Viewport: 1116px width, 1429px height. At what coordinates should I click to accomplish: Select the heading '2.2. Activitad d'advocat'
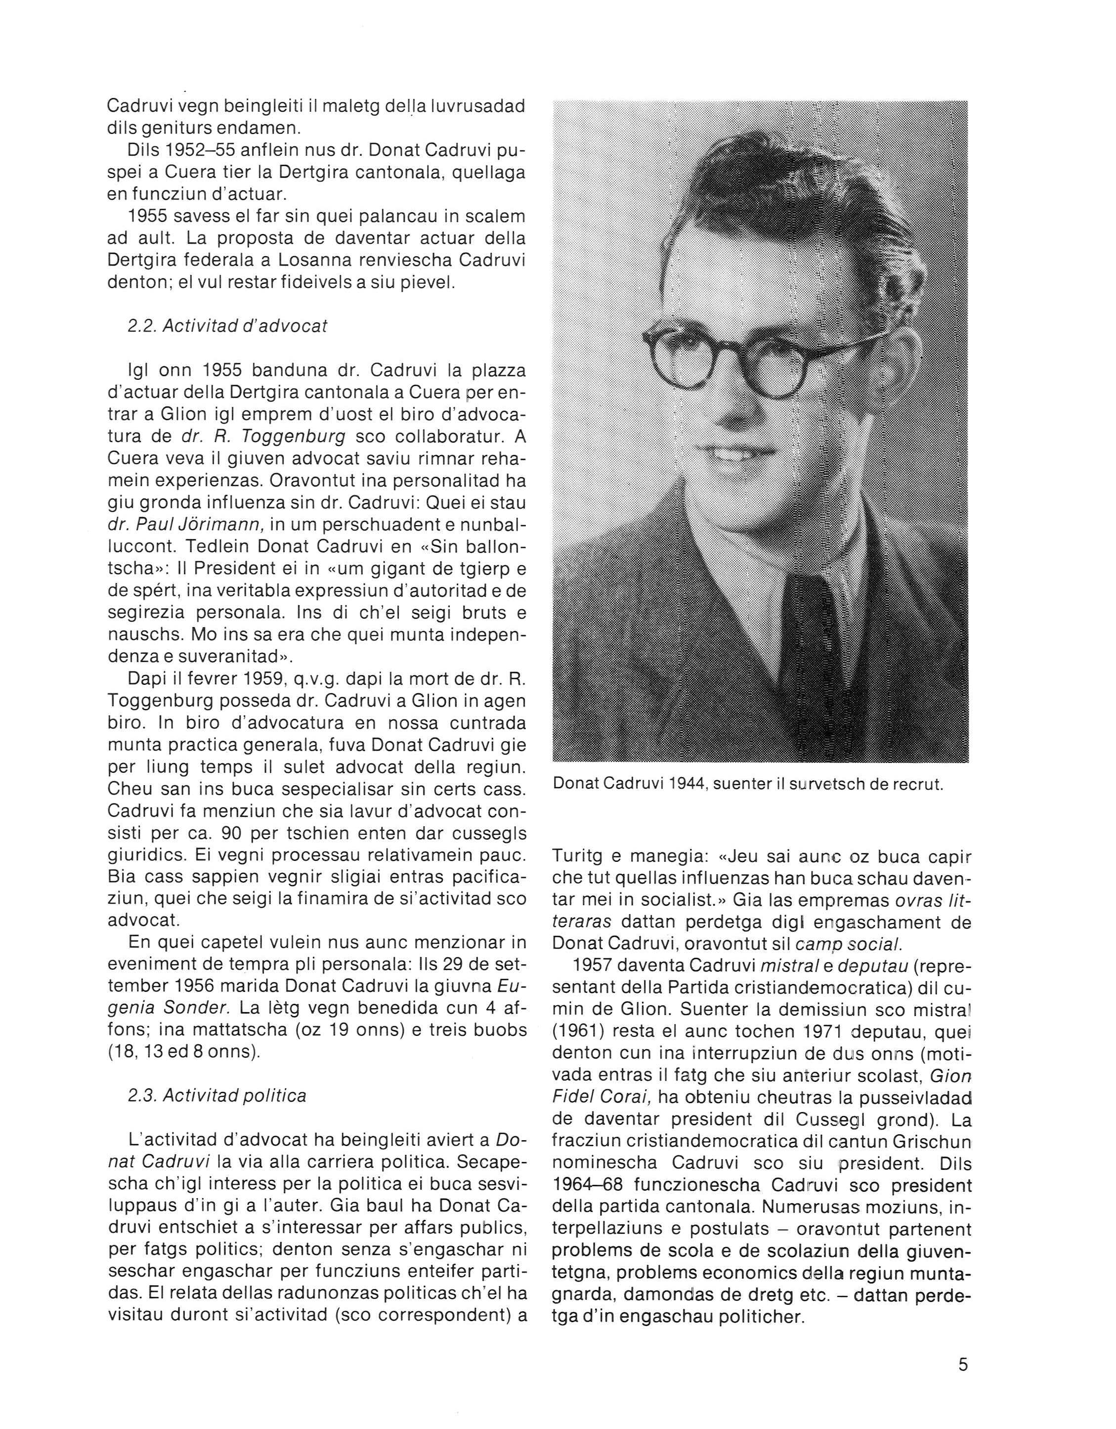point(228,326)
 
